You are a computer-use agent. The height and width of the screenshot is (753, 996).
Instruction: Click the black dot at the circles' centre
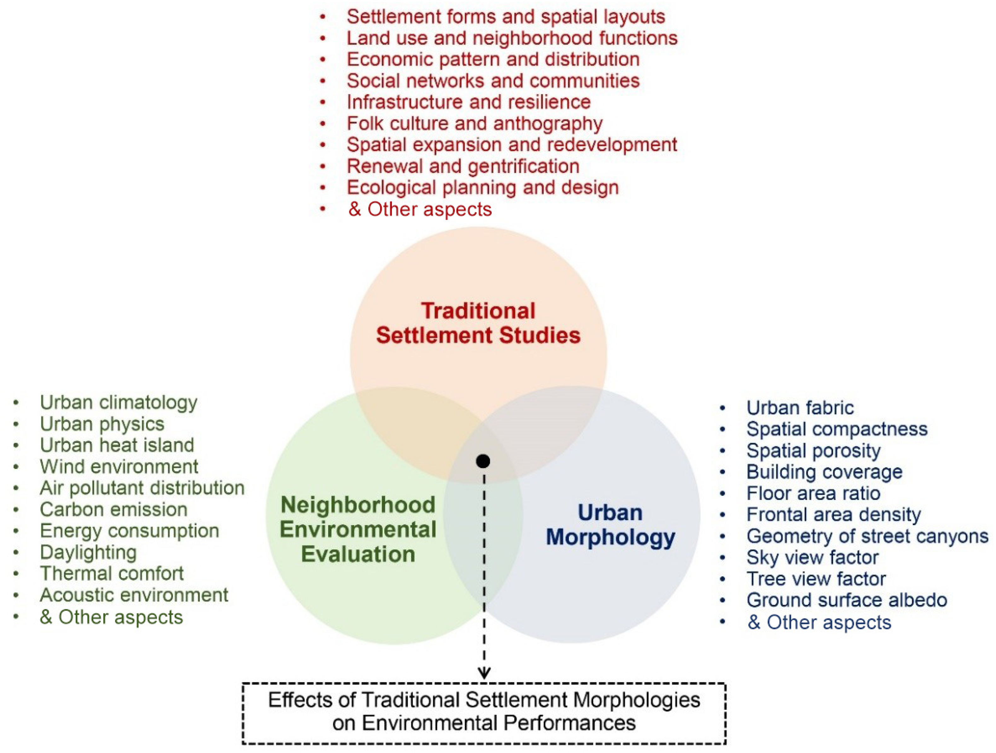(483, 461)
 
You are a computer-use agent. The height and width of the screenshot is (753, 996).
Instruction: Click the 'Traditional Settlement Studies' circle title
(478, 323)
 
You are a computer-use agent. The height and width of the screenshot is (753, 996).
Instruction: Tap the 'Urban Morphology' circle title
(610, 525)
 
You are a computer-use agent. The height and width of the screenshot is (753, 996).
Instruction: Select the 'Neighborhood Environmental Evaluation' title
(358, 529)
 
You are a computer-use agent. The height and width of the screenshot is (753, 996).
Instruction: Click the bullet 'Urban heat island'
(117, 445)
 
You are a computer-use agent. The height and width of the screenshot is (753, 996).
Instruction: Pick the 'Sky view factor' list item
(812, 557)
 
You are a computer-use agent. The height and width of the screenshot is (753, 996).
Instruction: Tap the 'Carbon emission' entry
(113, 509)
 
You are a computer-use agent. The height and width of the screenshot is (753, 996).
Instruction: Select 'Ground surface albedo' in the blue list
(847, 600)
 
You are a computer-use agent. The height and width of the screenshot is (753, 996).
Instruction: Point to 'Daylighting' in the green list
(88, 552)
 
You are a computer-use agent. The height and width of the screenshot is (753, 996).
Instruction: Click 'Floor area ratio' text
(813, 493)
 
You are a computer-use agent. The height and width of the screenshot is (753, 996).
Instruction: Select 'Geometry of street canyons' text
(867, 536)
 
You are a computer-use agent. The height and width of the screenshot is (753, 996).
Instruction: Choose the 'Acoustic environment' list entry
(134, 595)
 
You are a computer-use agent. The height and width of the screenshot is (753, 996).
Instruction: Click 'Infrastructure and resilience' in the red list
(468, 102)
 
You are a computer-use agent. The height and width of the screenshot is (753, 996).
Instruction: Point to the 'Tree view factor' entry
(816, 579)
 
